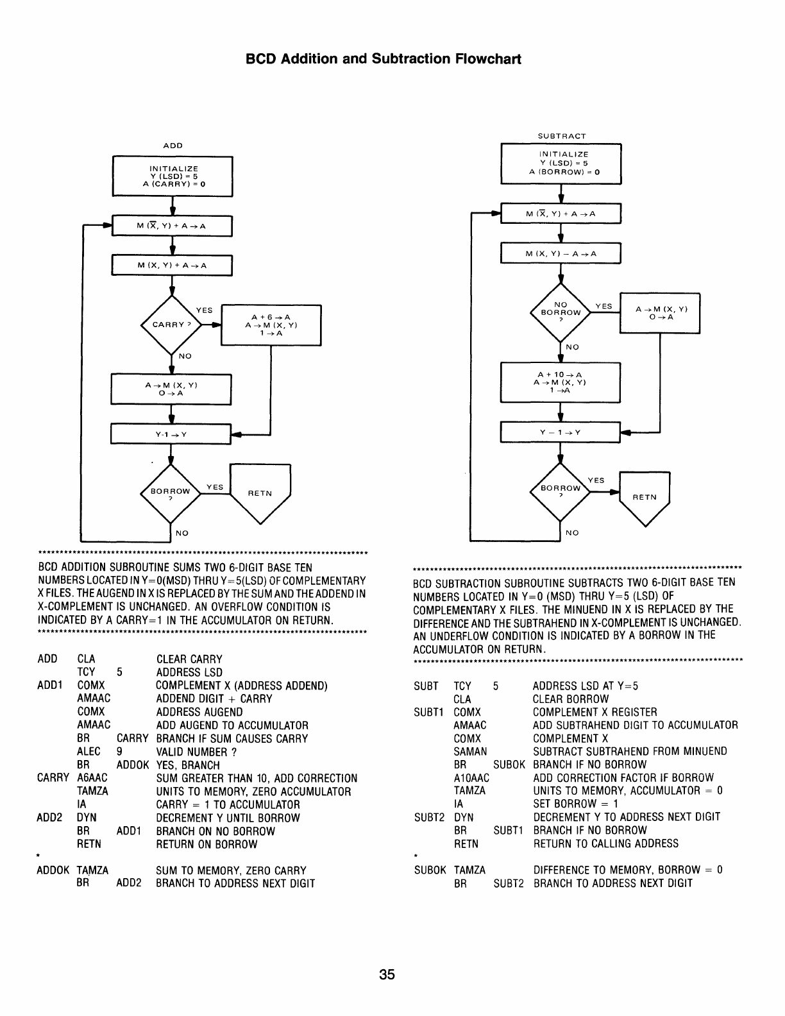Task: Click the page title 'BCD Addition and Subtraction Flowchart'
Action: click(384, 59)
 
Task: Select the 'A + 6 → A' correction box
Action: click(271, 325)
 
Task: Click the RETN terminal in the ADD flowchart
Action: click(260, 493)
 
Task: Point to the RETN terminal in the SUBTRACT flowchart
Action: click(644, 497)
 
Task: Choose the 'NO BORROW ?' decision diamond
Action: click(561, 312)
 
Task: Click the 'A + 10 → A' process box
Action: click(561, 383)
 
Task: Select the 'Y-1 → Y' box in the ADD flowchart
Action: click(171, 434)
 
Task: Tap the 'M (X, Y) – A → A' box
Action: click(561, 254)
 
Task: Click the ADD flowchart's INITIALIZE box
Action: click(173, 176)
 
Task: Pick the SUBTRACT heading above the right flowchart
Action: click(561, 136)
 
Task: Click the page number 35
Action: click(387, 976)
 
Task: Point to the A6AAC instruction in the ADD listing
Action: click(92, 778)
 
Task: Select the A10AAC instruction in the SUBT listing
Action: click(471, 777)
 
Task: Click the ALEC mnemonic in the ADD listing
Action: click(89, 752)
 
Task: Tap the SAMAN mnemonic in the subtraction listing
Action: click(470, 751)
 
